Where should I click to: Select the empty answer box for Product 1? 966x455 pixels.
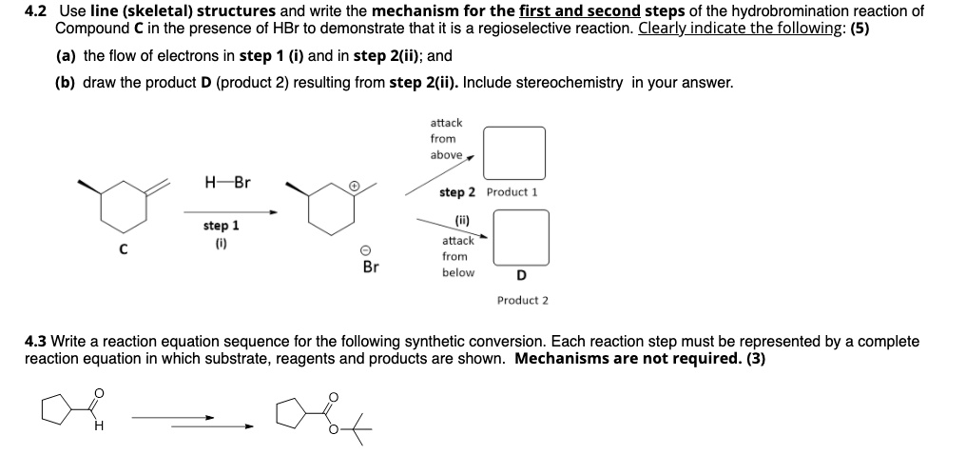(513, 152)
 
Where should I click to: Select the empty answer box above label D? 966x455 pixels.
(520, 238)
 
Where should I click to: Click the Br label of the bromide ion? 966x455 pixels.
(370, 267)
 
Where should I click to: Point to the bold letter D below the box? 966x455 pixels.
(520, 277)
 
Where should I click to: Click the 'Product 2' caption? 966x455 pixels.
(522, 301)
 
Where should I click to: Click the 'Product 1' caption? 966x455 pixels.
(512, 192)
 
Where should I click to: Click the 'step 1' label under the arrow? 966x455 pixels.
(221, 227)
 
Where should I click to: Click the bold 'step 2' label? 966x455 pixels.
(458, 192)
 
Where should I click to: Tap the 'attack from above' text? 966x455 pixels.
(445, 139)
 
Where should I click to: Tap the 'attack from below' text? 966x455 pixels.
(456, 257)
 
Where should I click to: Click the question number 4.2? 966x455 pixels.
(35, 11)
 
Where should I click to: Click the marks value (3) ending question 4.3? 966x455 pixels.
(756, 359)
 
